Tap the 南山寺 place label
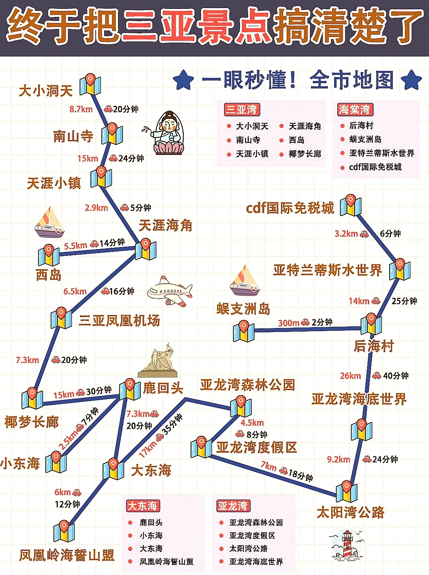tap(73, 136)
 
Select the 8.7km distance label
tap(81, 109)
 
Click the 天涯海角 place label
tap(165, 225)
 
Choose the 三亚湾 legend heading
tap(242, 109)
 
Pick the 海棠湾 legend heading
tap(355, 109)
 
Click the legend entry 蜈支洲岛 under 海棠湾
tap(365, 139)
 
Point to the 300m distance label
tap(289, 323)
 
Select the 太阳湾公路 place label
tap(351, 512)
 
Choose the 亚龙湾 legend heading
tap(233, 505)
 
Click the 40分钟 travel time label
tap(396, 375)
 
